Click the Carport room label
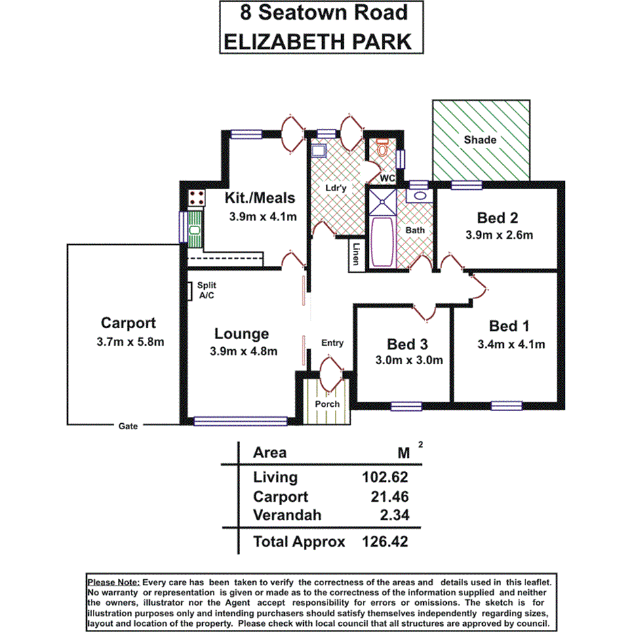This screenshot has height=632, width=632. coord(128,323)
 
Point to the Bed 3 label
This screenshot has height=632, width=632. coord(407,344)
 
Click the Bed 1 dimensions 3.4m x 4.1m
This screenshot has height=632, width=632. coord(511,344)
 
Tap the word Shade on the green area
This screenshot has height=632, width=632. coord(480,140)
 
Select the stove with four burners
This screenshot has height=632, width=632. coord(197,198)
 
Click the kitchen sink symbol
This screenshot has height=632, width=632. coord(195,227)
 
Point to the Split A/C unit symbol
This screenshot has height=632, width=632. coord(192,290)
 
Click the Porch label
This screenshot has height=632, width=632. coord(328,404)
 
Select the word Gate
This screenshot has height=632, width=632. coord(127,427)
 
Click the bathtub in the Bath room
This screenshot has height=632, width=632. coord(383,242)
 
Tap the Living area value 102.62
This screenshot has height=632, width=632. coord(386,477)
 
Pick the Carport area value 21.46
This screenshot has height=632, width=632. coord(389,497)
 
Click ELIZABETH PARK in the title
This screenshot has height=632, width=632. coord(317,41)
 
